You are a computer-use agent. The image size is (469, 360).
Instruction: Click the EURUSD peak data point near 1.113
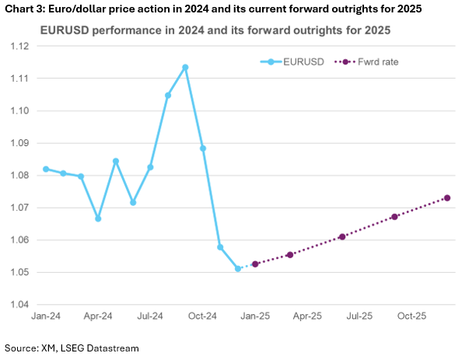(x=185, y=67)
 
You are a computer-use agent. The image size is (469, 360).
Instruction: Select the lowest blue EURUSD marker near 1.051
(x=238, y=268)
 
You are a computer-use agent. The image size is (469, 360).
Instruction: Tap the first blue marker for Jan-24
(x=46, y=169)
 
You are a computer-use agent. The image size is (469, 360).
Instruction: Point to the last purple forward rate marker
(x=447, y=197)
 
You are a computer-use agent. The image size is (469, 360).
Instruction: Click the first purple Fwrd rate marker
(x=255, y=264)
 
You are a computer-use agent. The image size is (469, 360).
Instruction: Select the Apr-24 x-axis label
(x=97, y=316)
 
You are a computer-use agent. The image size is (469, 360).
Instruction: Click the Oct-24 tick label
(x=202, y=316)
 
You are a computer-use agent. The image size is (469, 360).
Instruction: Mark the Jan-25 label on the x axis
(x=254, y=316)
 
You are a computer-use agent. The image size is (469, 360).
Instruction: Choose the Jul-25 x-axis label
(x=359, y=316)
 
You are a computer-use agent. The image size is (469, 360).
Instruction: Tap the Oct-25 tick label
(x=411, y=316)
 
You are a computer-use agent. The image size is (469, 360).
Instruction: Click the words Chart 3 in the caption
(x=23, y=9)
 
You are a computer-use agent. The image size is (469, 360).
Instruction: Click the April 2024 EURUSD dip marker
(x=98, y=218)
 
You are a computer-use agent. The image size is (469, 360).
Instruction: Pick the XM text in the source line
(x=50, y=348)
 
